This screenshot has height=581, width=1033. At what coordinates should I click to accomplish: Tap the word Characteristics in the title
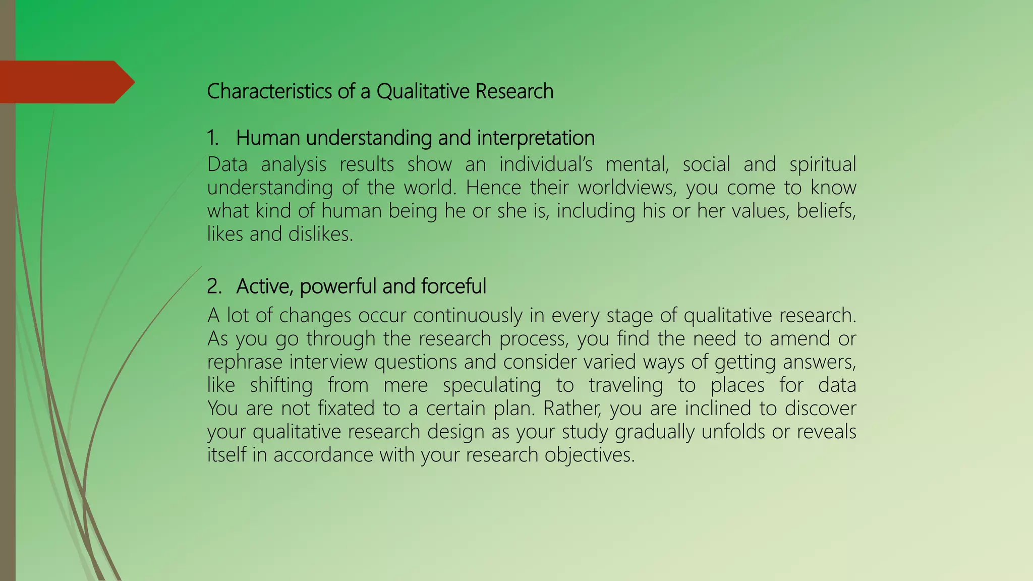(x=269, y=92)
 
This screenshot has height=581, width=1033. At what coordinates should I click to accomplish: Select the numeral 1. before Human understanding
(x=212, y=138)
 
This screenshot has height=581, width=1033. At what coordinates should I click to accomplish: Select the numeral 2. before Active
(x=214, y=286)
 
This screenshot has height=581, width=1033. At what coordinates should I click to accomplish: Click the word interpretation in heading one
(x=536, y=138)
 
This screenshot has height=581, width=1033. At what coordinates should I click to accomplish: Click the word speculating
(x=491, y=385)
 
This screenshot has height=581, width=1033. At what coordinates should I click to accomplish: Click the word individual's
(x=545, y=165)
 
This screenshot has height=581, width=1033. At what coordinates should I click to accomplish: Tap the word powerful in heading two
(x=338, y=286)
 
